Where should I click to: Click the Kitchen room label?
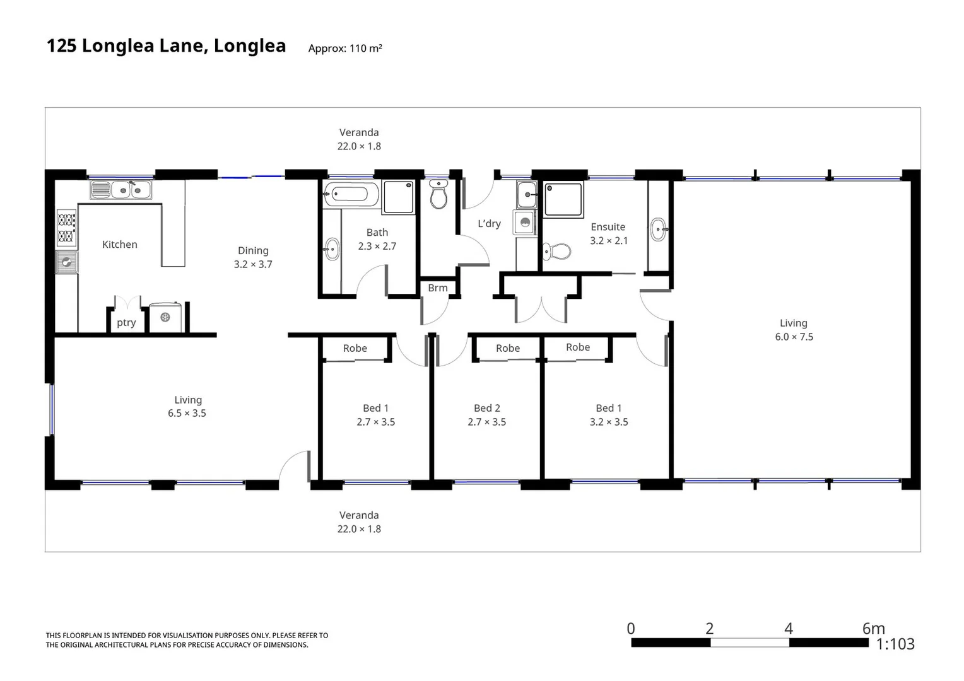(x=119, y=245)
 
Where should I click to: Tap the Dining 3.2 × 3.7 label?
(x=253, y=257)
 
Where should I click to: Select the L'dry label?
(x=489, y=224)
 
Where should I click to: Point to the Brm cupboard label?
(x=437, y=288)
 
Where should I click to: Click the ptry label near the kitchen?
(x=126, y=323)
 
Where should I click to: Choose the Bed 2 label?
(x=486, y=409)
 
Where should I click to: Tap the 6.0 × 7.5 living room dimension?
(x=794, y=337)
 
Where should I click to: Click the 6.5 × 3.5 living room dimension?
(x=187, y=414)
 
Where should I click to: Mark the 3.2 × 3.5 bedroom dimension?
(x=609, y=422)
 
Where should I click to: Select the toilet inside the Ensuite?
(x=556, y=252)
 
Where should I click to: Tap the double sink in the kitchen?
(x=120, y=189)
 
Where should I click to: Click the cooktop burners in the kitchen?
(x=66, y=228)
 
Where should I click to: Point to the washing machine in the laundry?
(x=524, y=223)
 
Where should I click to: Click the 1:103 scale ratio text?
(x=895, y=644)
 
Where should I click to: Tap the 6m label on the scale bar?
(x=873, y=629)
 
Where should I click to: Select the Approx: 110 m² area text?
(x=345, y=49)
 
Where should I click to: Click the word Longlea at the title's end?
(x=250, y=46)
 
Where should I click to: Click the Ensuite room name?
(x=608, y=227)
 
